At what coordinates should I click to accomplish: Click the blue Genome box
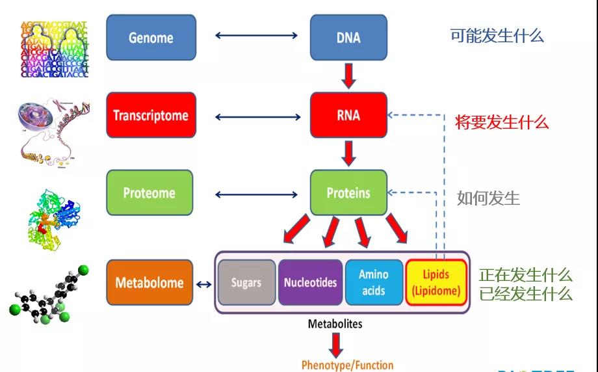[x=151, y=38]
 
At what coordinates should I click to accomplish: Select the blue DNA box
[x=348, y=38]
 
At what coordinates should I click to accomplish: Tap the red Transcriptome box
[x=151, y=116]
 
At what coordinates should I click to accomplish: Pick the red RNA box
[x=348, y=116]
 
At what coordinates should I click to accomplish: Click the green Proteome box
[x=149, y=193]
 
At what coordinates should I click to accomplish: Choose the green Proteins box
[x=348, y=193]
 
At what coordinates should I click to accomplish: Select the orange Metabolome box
[x=149, y=283]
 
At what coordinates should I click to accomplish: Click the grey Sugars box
[x=246, y=283]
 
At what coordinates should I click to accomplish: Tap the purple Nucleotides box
[x=310, y=283]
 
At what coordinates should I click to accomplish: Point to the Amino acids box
[x=373, y=283]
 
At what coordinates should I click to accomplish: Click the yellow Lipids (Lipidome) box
[x=435, y=283]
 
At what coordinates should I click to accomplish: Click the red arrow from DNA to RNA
[x=349, y=75]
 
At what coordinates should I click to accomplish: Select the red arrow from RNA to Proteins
[x=349, y=153]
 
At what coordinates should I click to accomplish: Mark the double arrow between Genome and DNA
[x=257, y=35]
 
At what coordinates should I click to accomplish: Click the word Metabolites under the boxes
[x=335, y=323]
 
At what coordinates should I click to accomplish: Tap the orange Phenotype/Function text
[x=347, y=365]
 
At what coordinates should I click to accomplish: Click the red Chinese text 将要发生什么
[x=502, y=122]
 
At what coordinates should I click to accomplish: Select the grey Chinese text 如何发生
[x=488, y=198]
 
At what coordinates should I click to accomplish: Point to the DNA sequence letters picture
[x=54, y=49]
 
